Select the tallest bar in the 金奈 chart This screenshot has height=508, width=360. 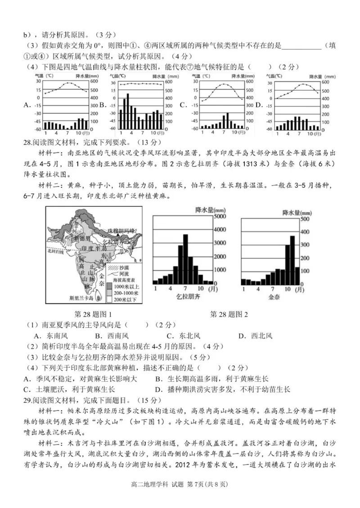tap(292, 261)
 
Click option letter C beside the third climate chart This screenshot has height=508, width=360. tap(183, 105)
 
